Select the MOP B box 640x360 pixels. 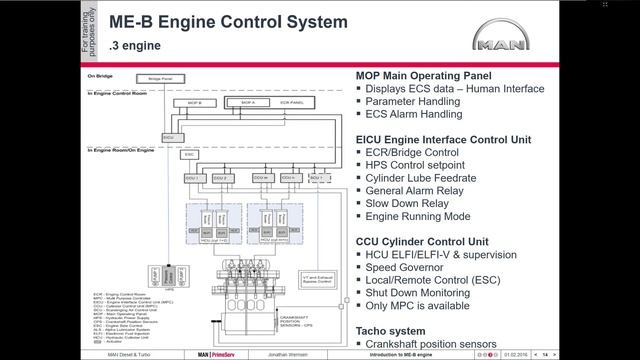194,103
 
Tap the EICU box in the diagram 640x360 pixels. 167,136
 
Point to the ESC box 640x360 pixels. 190,155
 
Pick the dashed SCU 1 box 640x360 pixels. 318,178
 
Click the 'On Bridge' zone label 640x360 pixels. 100,74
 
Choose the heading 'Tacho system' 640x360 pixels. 397,330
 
